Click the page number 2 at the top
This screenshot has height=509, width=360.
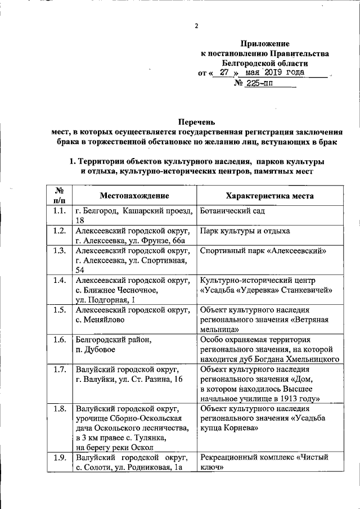coord(196,26)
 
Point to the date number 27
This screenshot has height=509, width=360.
coord(224,73)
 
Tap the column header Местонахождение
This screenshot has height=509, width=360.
coord(134,196)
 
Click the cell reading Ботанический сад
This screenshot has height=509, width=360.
coord(232,211)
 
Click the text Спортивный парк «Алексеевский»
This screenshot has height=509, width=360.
coord(263,251)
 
